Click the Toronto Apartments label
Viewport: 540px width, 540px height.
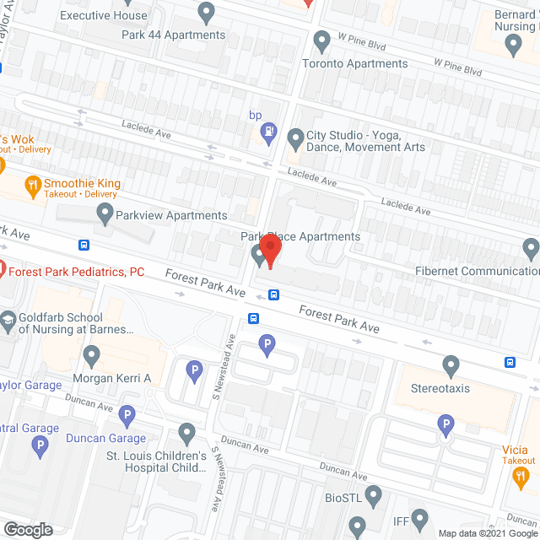click(x=354, y=63)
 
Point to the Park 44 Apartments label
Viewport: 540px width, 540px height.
click(x=173, y=35)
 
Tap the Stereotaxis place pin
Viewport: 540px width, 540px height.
click(x=451, y=365)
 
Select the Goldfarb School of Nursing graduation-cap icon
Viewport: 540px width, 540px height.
click(x=8, y=320)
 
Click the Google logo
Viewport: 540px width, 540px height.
click(x=27, y=529)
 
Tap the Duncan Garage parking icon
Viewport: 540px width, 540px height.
click(x=127, y=414)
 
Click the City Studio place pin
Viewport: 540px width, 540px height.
click(x=295, y=137)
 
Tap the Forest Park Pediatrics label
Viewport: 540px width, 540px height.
click(x=77, y=272)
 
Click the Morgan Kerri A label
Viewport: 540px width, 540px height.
click(x=112, y=378)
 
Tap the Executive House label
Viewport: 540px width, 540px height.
click(x=104, y=15)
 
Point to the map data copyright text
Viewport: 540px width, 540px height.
click(x=485, y=532)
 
